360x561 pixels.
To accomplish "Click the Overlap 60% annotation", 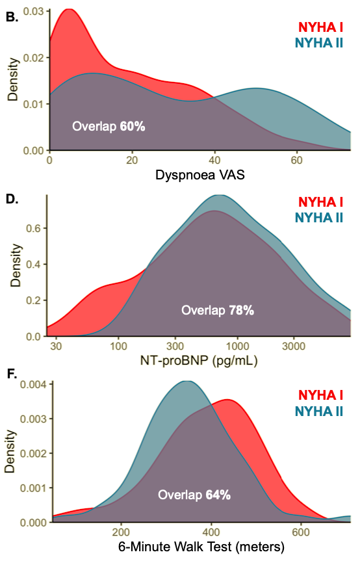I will click(x=109, y=126).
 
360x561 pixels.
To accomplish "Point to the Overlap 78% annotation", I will click(x=217, y=311).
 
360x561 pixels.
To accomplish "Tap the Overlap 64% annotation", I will click(x=194, y=495).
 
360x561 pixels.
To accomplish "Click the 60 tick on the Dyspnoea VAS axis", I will click(x=297, y=160).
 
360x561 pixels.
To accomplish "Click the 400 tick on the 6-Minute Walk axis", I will click(x=211, y=531).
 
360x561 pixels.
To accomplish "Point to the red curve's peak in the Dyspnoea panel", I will click(x=68, y=10).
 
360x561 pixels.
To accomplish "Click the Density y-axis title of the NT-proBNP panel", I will click(x=14, y=265).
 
